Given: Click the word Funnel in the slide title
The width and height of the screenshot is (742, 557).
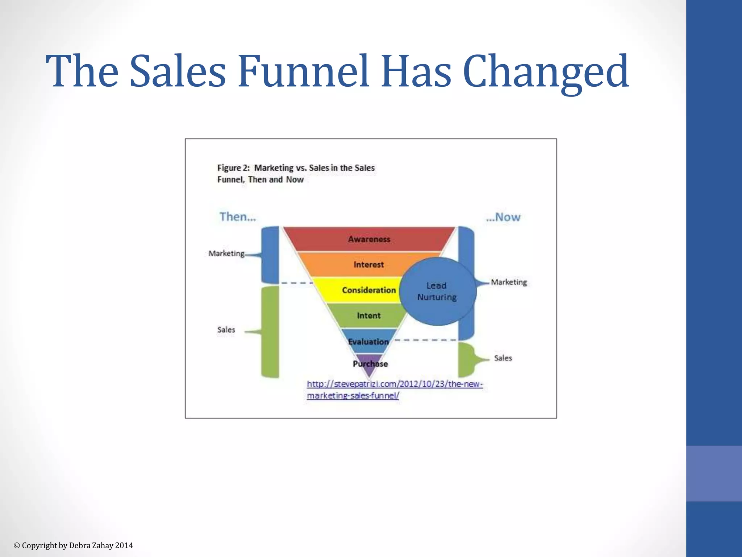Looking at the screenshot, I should [x=303, y=71].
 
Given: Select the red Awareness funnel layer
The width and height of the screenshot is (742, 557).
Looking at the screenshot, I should [x=369, y=239].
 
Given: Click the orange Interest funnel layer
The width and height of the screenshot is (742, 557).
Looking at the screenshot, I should [x=368, y=264].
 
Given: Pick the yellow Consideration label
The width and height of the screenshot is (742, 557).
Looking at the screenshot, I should [x=368, y=290].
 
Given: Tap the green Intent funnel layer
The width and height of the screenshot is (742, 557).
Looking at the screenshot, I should [x=368, y=315].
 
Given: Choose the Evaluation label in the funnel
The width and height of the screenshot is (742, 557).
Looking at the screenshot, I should [x=368, y=342].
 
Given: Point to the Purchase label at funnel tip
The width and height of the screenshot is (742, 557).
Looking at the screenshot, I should [x=370, y=364].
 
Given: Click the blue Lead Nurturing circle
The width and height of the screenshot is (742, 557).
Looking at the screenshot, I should [x=437, y=291].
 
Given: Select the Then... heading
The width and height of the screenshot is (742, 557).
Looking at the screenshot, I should [x=238, y=216].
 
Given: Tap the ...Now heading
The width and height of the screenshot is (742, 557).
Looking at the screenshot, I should [x=503, y=217].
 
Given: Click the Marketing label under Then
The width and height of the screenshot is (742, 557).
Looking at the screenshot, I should [x=226, y=253].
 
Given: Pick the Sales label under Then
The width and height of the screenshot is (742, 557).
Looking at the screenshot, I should [x=226, y=330].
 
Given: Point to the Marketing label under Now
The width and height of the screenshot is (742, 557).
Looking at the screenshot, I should [x=509, y=282].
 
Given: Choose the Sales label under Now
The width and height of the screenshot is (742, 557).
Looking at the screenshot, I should [x=503, y=358].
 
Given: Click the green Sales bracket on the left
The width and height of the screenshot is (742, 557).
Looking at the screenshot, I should [x=270, y=332].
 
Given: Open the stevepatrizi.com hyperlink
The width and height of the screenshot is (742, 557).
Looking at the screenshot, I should [x=395, y=389].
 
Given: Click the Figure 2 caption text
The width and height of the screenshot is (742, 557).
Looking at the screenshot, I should [x=296, y=173].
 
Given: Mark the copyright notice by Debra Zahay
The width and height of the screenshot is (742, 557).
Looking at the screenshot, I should [x=73, y=545].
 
